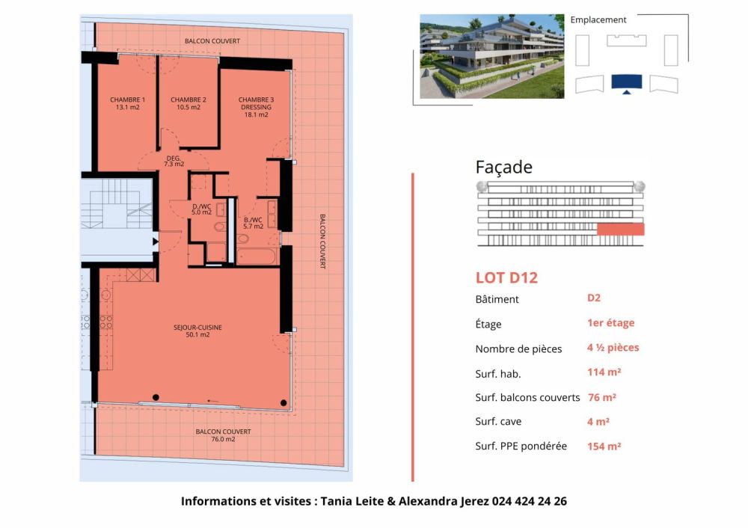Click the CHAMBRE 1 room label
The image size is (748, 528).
(x=127, y=103)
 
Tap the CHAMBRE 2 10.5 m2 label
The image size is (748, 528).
(x=188, y=103)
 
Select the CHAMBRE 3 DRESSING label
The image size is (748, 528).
(x=256, y=107)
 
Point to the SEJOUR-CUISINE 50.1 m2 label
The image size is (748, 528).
(x=198, y=331)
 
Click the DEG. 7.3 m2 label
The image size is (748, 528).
(x=174, y=160)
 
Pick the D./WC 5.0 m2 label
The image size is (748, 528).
(x=201, y=209)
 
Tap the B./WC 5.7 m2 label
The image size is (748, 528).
(x=253, y=223)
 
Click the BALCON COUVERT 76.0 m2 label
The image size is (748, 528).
(x=223, y=435)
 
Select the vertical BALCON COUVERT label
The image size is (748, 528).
(x=322, y=241)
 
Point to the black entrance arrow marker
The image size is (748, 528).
(x=155, y=241)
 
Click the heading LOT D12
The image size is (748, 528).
(x=506, y=278)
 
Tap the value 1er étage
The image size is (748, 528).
(x=610, y=323)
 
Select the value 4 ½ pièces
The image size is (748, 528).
(x=613, y=348)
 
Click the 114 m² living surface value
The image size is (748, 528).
(x=604, y=372)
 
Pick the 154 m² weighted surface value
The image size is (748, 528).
(x=604, y=446)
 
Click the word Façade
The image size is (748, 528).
(x=503, y=168)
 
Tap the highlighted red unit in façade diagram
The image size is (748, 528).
(x=620, y=229)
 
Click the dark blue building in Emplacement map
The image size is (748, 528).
(x=626, y=82)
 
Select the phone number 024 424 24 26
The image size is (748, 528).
(x=529, y=501)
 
